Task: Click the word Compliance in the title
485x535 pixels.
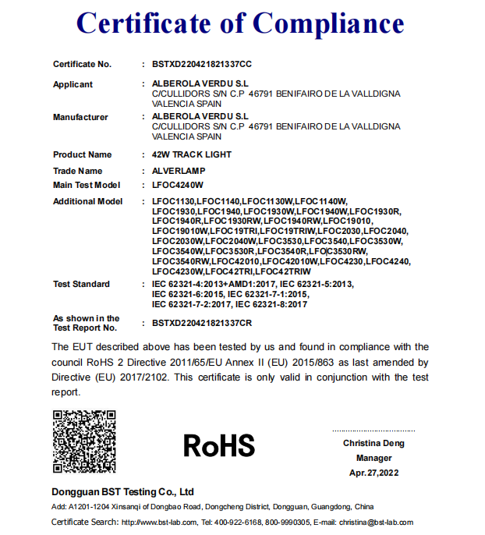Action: point(328,24)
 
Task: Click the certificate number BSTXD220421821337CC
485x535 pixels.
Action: point(203,64)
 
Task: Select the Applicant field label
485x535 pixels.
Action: point(73,84)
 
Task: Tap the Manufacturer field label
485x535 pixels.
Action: point(80,117)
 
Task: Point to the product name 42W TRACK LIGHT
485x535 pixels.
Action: point(192,154)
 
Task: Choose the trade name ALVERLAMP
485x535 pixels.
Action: point(179,171)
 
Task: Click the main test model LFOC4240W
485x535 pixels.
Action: point(178,185)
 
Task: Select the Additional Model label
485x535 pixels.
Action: point(87,201)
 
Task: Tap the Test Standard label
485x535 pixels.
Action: point(81,284)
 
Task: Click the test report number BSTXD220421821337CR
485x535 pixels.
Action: point(203,322)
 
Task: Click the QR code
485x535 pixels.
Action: point(84,441)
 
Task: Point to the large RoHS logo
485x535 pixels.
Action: point(219,445)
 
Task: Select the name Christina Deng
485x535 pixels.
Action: point(373,443)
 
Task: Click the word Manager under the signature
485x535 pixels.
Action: point(373,458)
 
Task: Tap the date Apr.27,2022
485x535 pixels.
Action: point(373,473)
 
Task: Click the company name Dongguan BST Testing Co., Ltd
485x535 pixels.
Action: point(122,492)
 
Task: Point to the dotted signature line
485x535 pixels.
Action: point(373,430)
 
